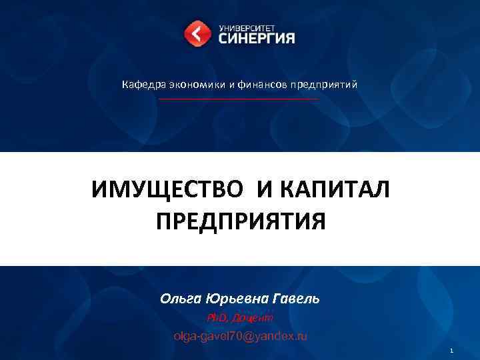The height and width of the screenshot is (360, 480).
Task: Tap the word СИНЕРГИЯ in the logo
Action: [x=256, y=39]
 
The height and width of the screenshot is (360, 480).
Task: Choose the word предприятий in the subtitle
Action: [x=323, y=85]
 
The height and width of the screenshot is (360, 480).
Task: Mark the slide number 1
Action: [x=451, y=351]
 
